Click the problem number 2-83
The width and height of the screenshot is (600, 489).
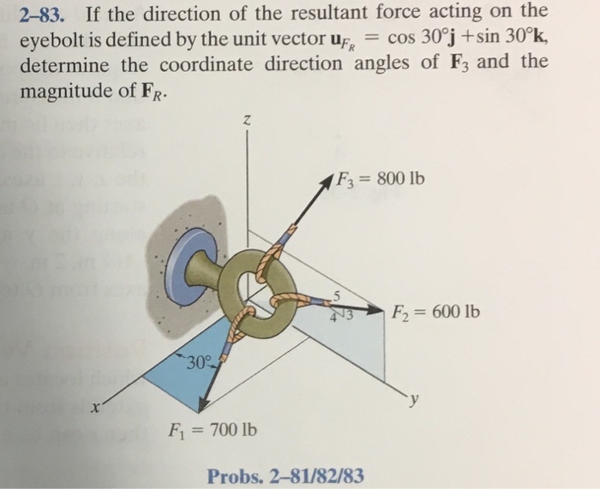coord(43,12)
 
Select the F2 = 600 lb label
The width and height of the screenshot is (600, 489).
coord(436,310)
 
